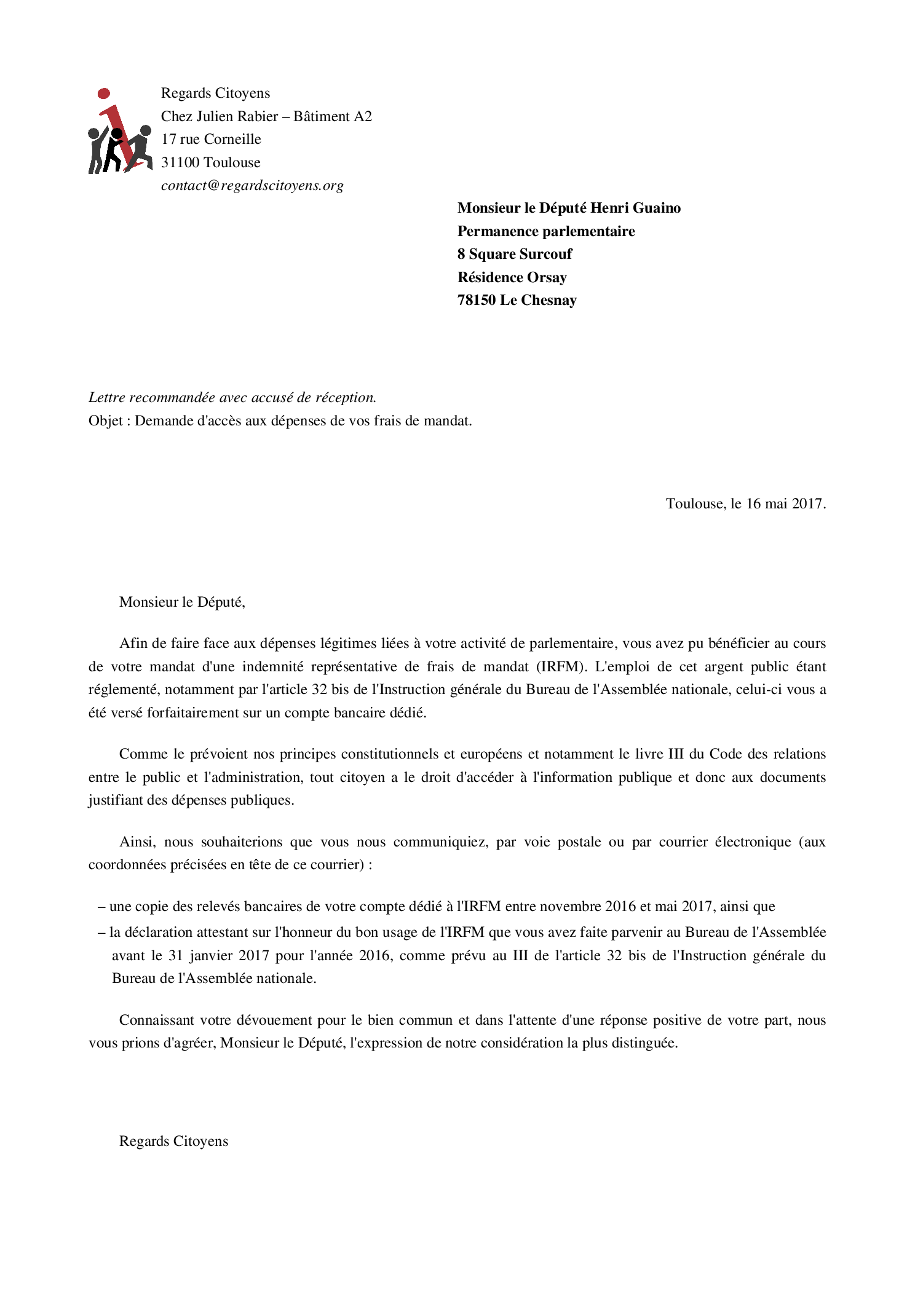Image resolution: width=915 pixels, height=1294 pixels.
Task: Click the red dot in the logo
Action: pyautogui.click(x=104, y=93)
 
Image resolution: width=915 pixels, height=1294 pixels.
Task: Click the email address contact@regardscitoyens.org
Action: pyautogui.click(x=252, y=186)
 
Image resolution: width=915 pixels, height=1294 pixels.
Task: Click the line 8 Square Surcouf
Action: pyautogui.click(x=515, y=254)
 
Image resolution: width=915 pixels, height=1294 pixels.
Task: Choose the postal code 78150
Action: pyautogui.click(x=476, y=300)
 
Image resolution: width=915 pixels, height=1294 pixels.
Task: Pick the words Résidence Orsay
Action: pyautogui.click(x=512, y=277)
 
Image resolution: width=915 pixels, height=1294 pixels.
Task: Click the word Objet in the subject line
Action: pyautogui.click(x=106, y=421)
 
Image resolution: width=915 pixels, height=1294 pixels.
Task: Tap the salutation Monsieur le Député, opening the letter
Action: pyautogui.click(x=182, y=602)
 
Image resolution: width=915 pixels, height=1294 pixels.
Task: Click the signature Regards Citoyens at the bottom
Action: pyautogui.click(x=173, y=1141)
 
